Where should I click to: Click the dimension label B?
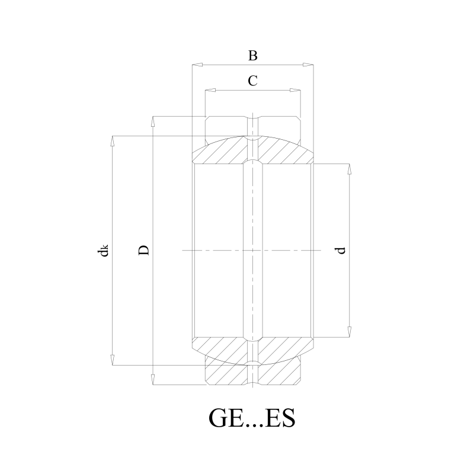253,56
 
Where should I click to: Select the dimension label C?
253,81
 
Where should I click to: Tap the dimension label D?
144,250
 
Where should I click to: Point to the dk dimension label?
103,250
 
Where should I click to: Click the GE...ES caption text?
252,418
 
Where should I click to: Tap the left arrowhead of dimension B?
197,65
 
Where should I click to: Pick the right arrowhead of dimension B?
308,65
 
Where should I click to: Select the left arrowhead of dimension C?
210,90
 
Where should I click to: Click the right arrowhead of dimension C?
295,90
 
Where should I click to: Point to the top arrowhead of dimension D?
153,121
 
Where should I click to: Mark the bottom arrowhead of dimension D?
153,380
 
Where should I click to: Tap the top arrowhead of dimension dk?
113,141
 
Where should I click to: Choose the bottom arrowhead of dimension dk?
113,360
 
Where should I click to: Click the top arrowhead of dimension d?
350,169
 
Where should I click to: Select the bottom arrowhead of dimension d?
350,332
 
